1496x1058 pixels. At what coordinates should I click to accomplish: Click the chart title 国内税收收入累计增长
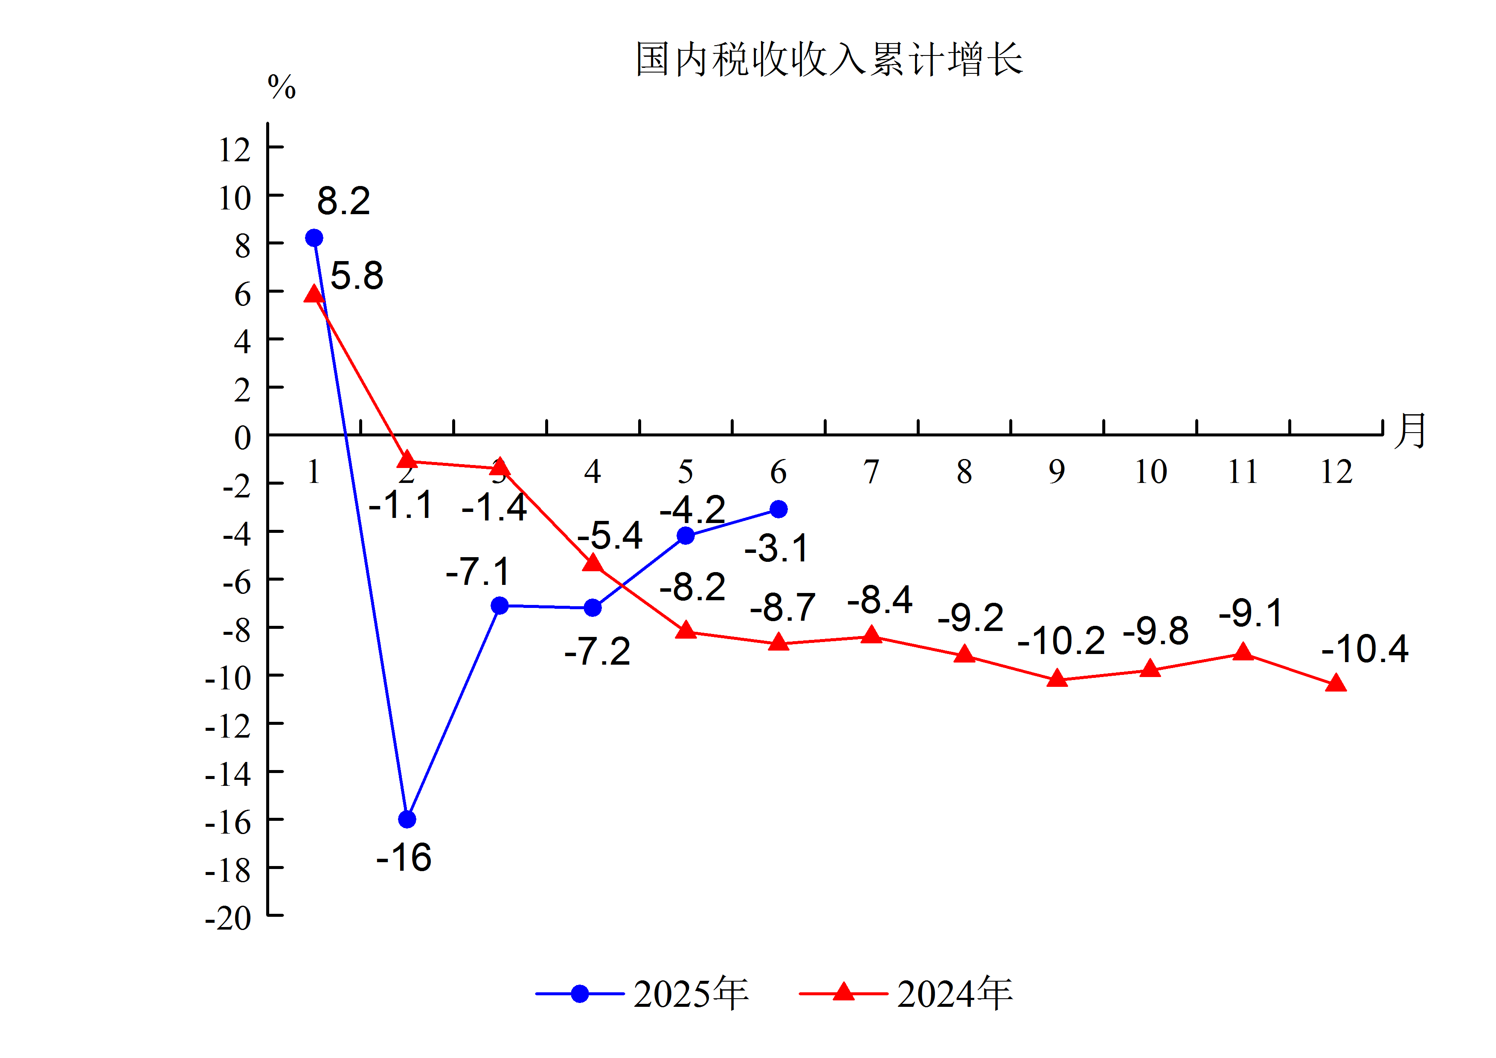tap(829, 59)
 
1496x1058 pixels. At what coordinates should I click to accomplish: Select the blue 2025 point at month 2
tap(407, 819)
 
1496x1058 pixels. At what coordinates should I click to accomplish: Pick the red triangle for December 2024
tap(1336, 683)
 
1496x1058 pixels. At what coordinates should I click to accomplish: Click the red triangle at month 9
tap(1057, 679)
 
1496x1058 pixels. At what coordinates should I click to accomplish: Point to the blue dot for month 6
tap(778, 509)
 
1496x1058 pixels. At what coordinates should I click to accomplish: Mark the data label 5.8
tap(357, 276)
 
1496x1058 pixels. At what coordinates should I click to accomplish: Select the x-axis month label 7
tap(871, 472)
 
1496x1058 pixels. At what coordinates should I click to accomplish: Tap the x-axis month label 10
tap(1150, 472)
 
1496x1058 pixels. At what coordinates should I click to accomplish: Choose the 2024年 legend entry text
tap(955, 994)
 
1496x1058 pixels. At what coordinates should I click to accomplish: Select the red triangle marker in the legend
tap(843, 992)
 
